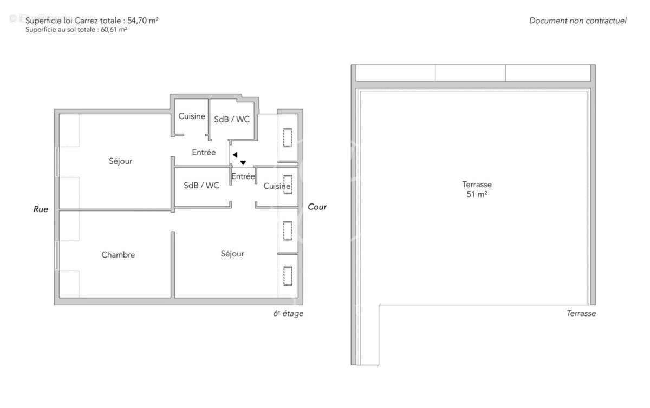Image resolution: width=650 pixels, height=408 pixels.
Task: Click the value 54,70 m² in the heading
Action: pos(142,21)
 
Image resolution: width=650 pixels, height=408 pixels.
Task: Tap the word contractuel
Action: pos(606,21)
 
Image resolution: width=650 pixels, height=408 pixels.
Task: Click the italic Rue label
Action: pos(41,209)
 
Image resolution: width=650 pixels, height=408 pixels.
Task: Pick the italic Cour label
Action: pos(317,207)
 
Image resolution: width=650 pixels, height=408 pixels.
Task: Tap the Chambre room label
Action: pos(118,255)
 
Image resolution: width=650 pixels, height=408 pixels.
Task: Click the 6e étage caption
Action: pos(288,314)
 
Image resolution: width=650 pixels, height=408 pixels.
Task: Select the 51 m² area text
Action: pos(477,194)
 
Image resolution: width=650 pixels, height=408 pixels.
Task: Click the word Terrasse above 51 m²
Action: pos(477,184)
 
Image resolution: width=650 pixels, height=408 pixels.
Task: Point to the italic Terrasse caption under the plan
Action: pos(581,313)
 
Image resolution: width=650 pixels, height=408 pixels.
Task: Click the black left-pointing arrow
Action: pos(235,155)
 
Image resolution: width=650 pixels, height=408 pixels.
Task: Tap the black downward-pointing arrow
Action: pos(244,162)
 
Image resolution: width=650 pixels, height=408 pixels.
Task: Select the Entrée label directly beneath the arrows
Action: pos(243,176)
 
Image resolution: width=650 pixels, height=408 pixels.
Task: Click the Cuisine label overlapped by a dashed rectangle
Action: pos(277,186)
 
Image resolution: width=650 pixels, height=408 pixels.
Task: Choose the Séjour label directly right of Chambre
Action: pos(232,254)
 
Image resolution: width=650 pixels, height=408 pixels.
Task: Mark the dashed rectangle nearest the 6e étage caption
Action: pos(288,276)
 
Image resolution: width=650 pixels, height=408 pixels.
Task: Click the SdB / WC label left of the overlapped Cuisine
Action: pos(201,186)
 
